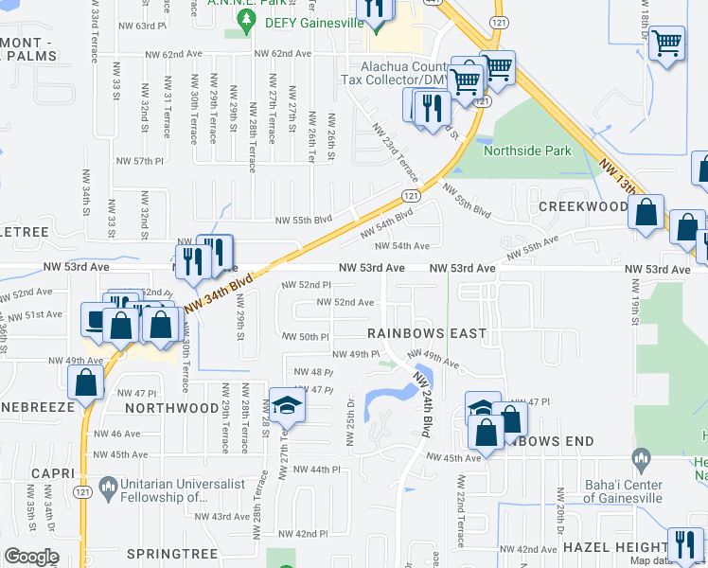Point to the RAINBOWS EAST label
427,333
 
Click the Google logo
31,557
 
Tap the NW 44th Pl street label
316,470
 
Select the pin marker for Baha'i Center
643,463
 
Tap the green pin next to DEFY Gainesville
246,26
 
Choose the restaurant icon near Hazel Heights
684,544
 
